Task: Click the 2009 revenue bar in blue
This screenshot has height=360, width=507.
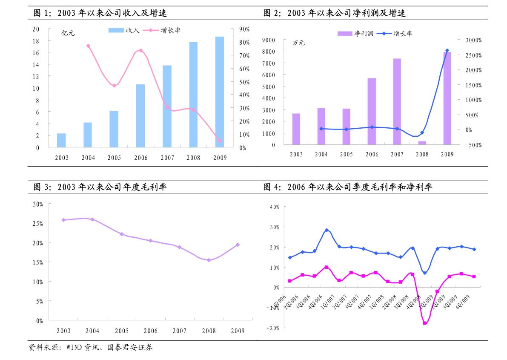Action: tap(220, 92)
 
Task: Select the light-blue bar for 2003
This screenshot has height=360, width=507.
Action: tap(61, 141)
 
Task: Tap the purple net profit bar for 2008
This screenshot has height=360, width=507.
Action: tap(422, 143)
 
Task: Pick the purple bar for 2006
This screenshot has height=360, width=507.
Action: tap(372, 111)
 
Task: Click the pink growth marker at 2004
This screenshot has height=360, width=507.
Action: tap(88, 46)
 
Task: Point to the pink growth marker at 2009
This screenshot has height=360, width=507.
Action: tap(220, 141)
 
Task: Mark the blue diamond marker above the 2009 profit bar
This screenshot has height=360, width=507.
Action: tap(447, 51)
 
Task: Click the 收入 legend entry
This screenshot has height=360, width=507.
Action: tap(124, 30)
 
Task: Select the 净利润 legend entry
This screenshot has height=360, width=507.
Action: tap(355, 34)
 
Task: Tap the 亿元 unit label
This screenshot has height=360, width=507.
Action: tap(68, 33)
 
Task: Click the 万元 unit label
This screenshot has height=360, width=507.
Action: tap(298, 43)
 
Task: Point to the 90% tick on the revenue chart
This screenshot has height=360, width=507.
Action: tap(244, 29)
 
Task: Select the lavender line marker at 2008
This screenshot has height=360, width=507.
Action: tap(209, 260)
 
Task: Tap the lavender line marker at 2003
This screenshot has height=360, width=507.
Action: tap(63, 220)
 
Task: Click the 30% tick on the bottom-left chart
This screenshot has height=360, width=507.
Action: tap(38, 204)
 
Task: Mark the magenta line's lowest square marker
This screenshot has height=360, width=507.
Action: tap(424, 323)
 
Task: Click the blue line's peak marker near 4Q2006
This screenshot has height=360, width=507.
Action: tap(327, 230)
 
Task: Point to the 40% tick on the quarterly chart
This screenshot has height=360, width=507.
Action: tap(275, 207)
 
